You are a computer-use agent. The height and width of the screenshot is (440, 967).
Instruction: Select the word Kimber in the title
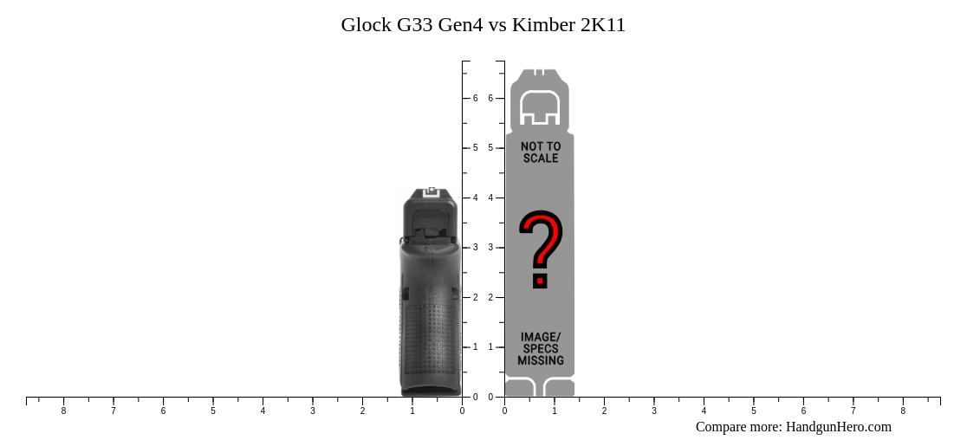tap(542, 25)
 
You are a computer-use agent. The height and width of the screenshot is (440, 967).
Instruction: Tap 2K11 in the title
tap(602, 25)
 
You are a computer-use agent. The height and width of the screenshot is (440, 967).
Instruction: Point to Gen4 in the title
tap(461, 25)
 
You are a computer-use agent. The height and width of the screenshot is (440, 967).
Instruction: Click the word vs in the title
tap(498, 25)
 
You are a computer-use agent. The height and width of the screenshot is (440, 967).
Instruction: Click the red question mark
tap(541, 249)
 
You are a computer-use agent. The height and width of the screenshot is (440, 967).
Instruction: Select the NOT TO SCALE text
tap(541, 152)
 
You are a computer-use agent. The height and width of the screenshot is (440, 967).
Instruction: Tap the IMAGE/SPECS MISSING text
tap(541, 348)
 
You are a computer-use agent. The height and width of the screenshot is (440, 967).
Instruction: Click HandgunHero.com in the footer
tap(838, 427)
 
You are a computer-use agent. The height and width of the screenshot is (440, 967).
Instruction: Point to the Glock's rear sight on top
tap(431, 191)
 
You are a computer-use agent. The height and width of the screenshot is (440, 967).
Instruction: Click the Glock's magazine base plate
tap(431, 391)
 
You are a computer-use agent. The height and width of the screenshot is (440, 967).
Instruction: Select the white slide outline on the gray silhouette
tap(539, 107)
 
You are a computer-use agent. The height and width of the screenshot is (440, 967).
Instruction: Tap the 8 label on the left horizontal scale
tap(63, 411)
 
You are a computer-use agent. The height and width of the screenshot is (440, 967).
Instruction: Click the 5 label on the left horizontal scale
tap(213, 411)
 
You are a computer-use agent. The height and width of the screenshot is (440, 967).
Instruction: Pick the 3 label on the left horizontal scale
tap(313, 411)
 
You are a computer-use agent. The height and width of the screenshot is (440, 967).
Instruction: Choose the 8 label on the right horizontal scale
tap(903, 411)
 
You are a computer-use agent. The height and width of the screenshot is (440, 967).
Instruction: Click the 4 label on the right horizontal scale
tap(704, 411)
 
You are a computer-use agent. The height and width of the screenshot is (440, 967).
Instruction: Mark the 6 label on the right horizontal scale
tap(803, 411)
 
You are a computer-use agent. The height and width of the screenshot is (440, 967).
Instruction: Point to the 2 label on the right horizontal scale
tap(604, 411)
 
